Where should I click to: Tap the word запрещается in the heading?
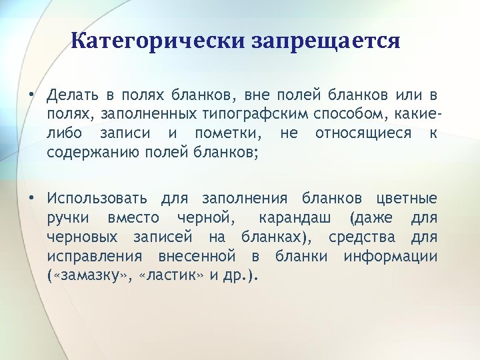[326, 42]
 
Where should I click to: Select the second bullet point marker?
[31, 198]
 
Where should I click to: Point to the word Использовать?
[98, 198]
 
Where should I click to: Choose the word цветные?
[407, 198]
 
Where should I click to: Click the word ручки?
[69, 218]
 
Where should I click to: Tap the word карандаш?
[293, 218]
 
